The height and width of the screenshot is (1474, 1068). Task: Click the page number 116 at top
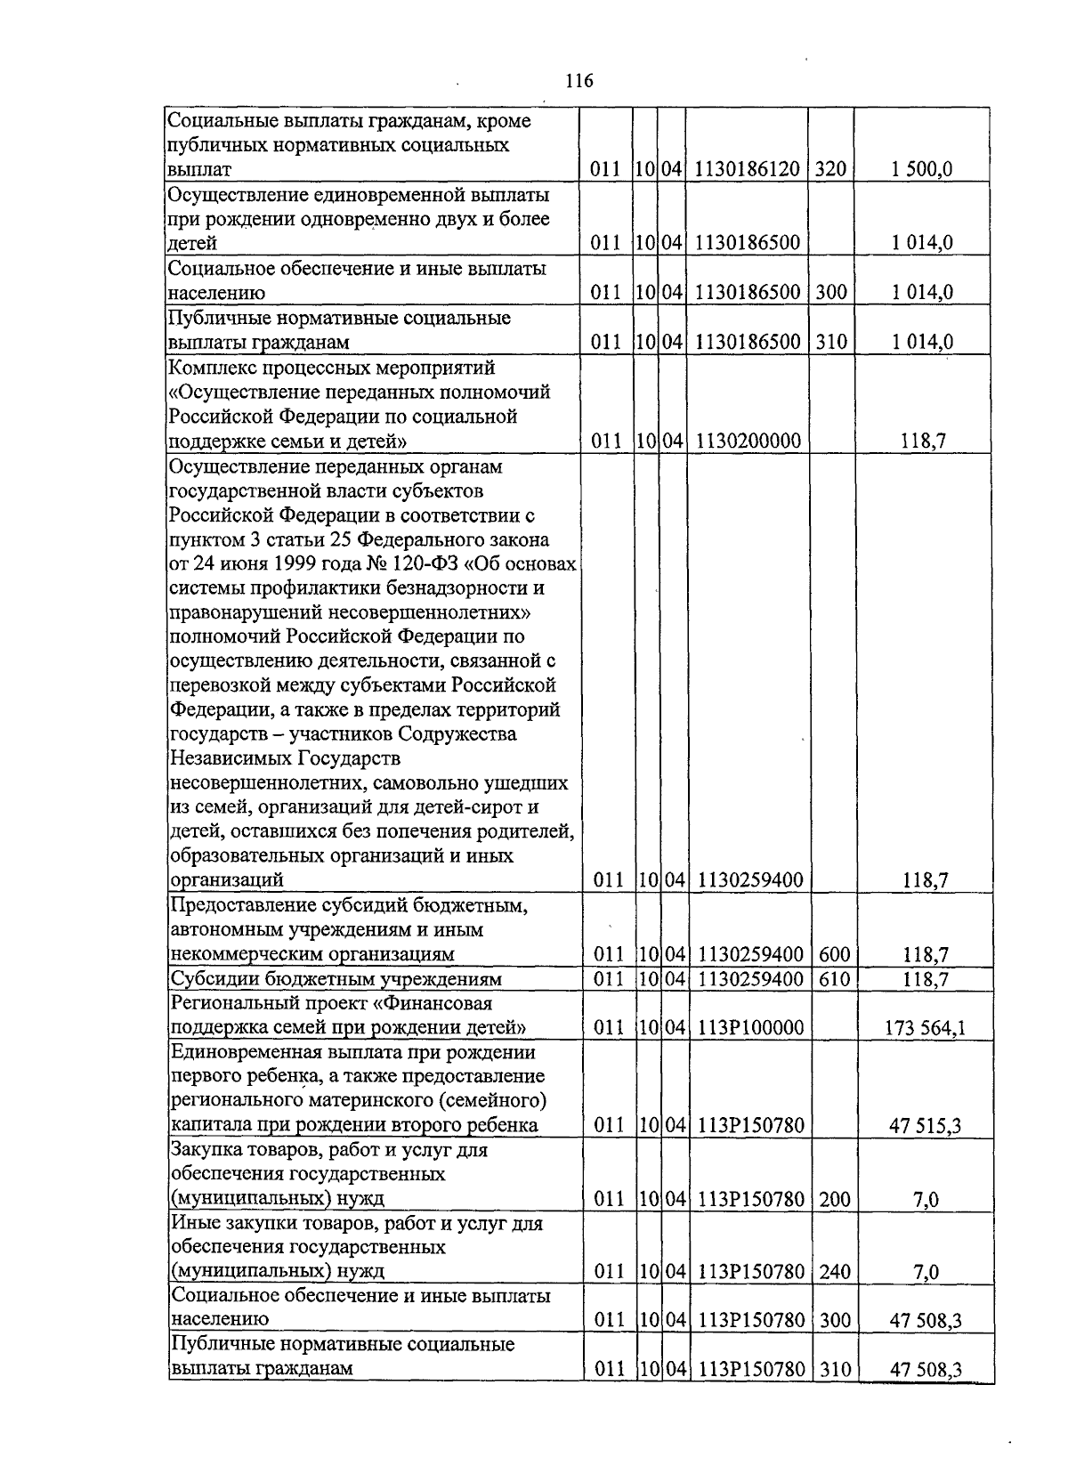pyautogui.click(x=578, y=82)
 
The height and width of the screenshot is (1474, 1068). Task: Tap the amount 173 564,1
pyautogui.click(x=925, y=1028)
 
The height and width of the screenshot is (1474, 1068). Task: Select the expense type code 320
pyautogui.click(x=830, y=169)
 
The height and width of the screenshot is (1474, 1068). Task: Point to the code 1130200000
pyautogui.click(x=749, y=441)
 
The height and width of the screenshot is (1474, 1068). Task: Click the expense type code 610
pyautogui.click(x=834, y=979)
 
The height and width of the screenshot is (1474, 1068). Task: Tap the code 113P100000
pyautogui.click(x=751, y=1028)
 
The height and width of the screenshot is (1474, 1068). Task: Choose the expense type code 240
pyautogui.click(x=835, y=1273)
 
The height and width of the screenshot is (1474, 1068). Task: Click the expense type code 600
pyautogui.click(x=834, y=955)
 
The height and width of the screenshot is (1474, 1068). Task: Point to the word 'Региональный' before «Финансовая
pyautogui.click(x=228, y=1003)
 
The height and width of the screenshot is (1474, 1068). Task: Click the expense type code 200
pyautogui.click(x=834, y=1200)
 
